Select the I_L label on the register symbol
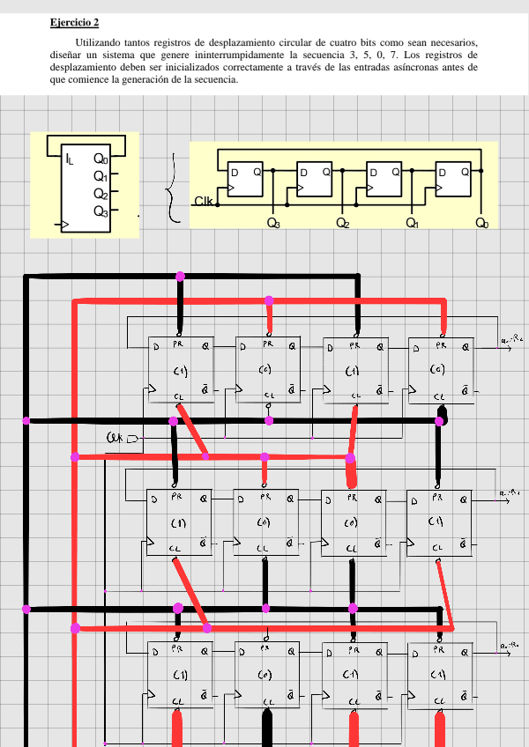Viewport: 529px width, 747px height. (x=70, y=159)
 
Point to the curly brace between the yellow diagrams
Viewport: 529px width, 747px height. (x=172, y=187)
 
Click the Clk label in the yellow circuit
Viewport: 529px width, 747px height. (x=203, y=202)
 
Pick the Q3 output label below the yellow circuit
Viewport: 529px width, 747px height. (x=273, y=224)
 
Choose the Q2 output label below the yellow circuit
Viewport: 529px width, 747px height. (x=342, y=224)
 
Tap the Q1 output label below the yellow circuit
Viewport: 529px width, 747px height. (x=412, y=224)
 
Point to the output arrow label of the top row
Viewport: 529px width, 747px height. (x=512, y=338)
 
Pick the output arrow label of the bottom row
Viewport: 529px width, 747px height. (x=511, y=647)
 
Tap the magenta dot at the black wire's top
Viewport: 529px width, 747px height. (x=181, y=276)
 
